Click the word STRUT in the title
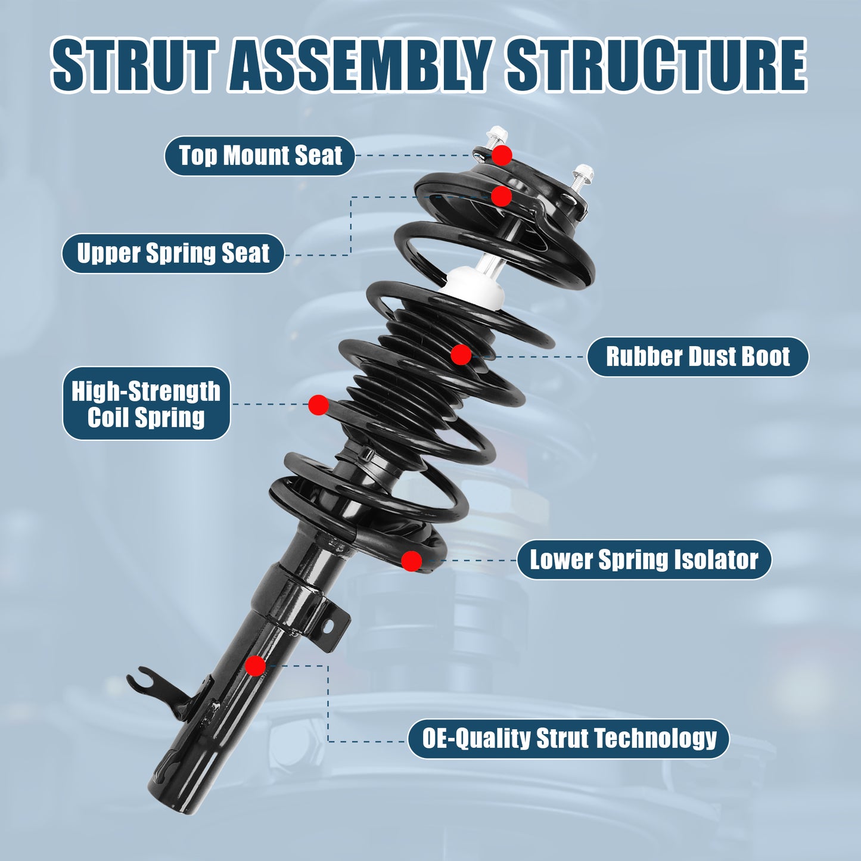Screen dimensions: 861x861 point(132,64)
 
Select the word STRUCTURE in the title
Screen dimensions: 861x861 point(656,64)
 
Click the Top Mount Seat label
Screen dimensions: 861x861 point(260,156)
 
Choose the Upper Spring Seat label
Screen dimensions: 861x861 point(173,253)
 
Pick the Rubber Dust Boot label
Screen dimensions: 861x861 point(697,357)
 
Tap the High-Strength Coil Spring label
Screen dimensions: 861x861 point(146,403)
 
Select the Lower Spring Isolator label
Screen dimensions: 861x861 point(644,560)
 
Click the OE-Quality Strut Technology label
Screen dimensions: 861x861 point(568,738)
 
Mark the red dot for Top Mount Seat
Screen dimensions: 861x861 point(502,156)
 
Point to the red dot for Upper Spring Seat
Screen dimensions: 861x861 point(501,196)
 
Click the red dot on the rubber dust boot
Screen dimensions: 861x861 point(461,355)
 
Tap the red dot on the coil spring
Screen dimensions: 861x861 point(318,405)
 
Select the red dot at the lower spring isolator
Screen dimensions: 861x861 point(411,561)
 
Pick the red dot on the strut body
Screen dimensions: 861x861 point(255,666)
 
